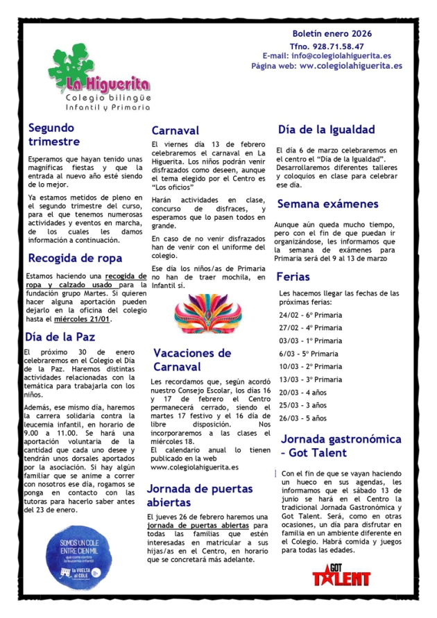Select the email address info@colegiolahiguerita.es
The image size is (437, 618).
click(349, 55)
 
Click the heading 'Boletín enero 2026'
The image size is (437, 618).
click(332, 33)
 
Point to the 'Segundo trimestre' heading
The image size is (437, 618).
click(54, 135)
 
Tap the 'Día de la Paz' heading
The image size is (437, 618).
click(60, 338)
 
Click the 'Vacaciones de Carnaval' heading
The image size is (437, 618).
click(192, 359)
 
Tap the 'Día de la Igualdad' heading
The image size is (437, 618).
click(326, 130)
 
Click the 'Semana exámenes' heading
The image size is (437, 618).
click(327, 204)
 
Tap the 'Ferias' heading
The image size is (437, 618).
click(293, 277)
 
